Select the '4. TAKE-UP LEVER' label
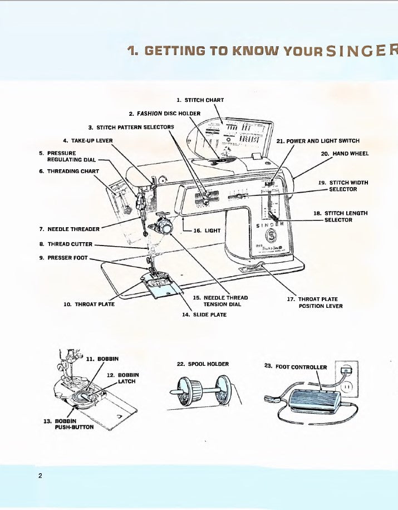88,140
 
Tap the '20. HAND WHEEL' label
345,154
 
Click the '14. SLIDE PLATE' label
204,315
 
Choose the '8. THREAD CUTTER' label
66,244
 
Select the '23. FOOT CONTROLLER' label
296,367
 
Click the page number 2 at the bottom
41,475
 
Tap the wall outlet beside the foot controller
347,384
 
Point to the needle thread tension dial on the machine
164,227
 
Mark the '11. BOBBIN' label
102,359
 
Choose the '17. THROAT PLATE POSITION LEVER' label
315,302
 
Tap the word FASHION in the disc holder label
150,114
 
